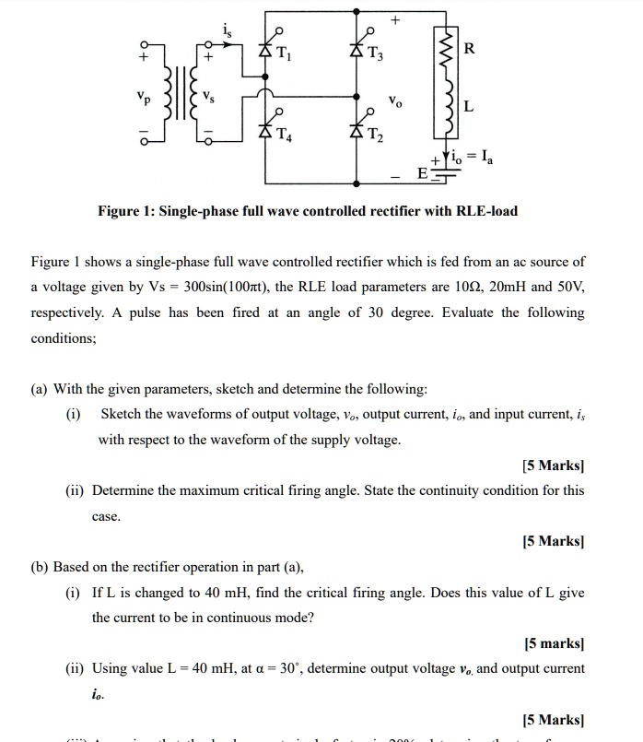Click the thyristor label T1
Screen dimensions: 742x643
click(x=285, y=53)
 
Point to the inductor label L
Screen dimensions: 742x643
click(x=470, y=107)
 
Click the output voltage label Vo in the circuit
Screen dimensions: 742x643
click(x=395, y=99)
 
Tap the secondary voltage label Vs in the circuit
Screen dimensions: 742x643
click(x=211, y=98)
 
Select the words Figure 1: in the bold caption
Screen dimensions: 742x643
click(x=129, y=211)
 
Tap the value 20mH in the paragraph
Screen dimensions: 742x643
click(x=492, y=288)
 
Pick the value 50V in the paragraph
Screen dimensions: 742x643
click(x=565, y=288)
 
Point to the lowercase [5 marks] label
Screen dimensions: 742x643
click(x=555, y=642)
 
